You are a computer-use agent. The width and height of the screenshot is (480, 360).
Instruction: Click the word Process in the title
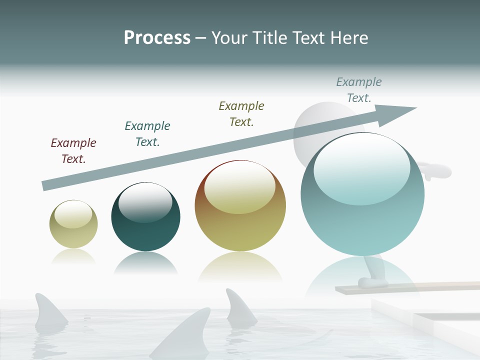click(157, 38)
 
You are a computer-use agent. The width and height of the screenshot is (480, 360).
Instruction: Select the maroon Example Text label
click(73, 150)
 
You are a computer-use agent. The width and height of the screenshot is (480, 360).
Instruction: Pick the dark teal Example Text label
click(147, 133)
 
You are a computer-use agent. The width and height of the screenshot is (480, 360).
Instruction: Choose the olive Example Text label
click(241, 113)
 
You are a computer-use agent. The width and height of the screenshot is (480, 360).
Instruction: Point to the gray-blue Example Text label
click(359, 89)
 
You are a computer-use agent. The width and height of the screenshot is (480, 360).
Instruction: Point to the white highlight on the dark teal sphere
click(145, 202)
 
